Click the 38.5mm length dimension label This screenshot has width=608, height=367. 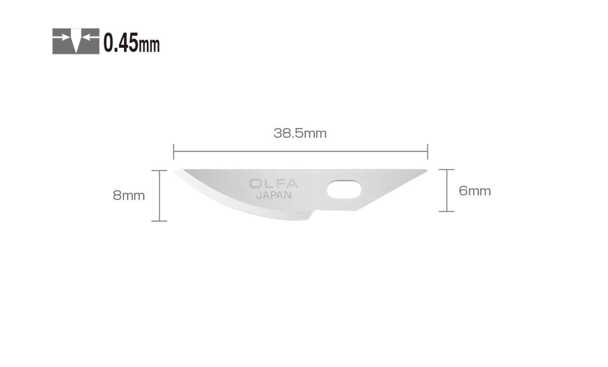(300, 133)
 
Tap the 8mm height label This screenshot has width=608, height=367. (128, 195)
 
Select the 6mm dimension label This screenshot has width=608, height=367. (475, 191)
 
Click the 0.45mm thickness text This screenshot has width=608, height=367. (131, 43)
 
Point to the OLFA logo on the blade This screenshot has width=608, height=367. (274, 184)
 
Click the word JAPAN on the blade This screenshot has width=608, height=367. (274, 195)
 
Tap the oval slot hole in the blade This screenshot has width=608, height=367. (344, 189)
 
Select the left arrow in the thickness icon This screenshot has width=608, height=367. (61, 37)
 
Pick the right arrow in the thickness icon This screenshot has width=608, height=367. (90, 37)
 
